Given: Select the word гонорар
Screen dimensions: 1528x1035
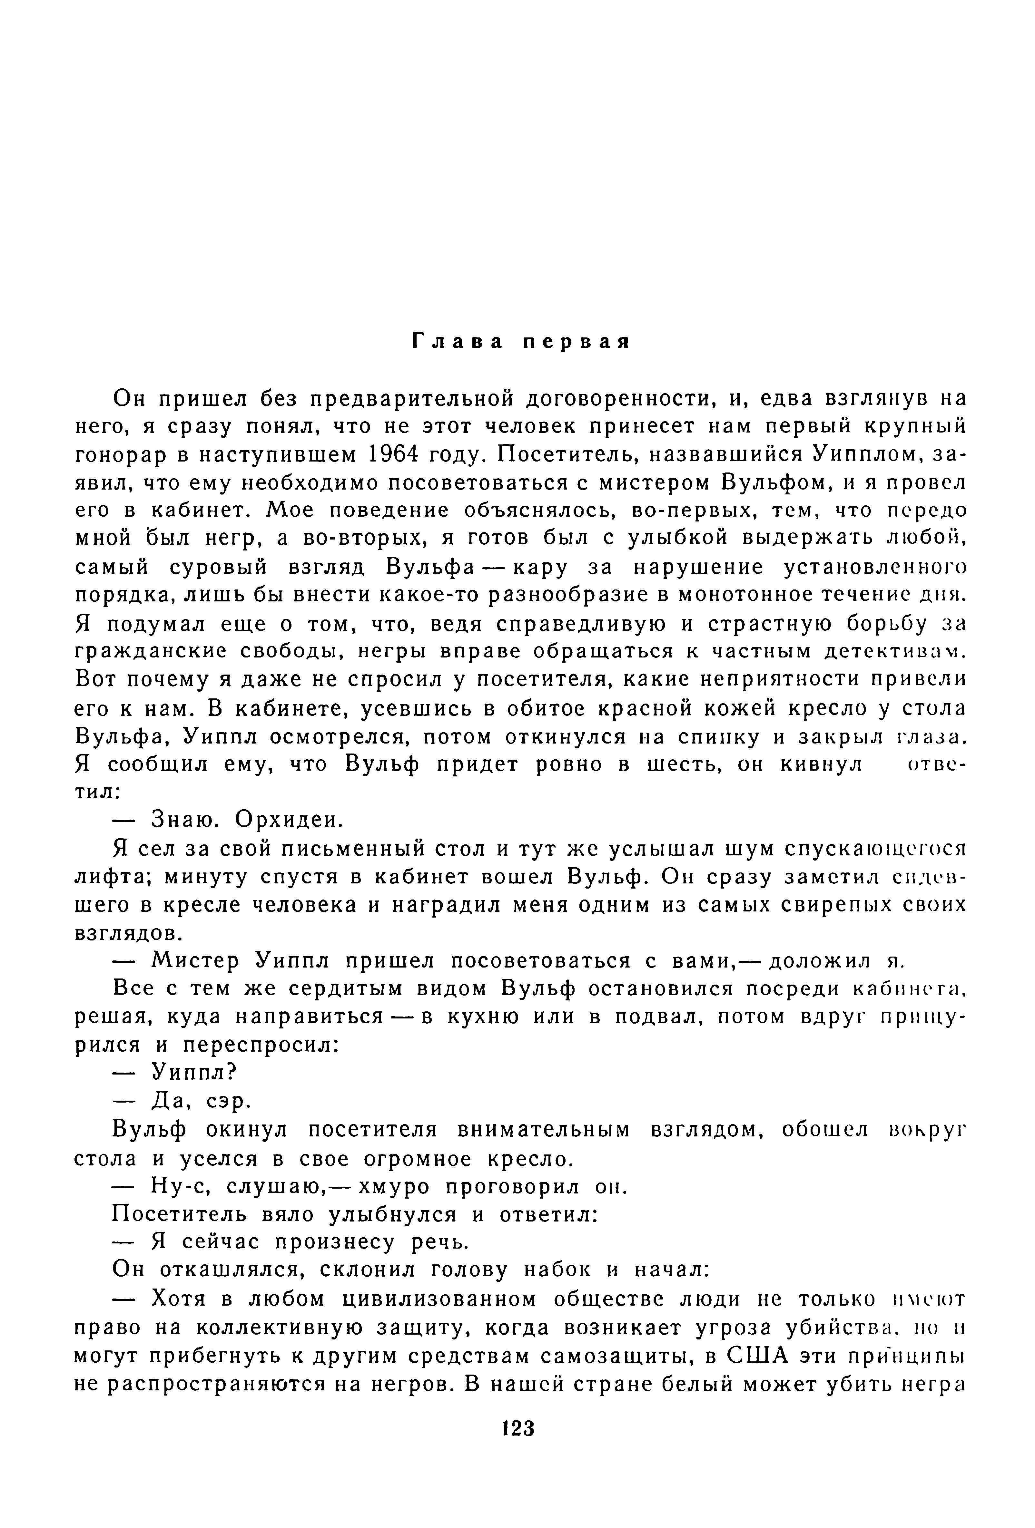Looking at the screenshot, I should (118, 455).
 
